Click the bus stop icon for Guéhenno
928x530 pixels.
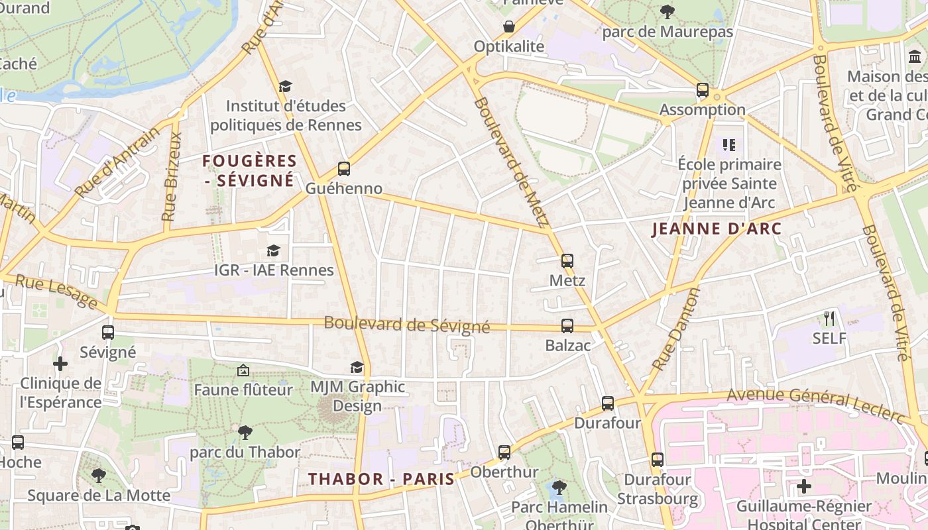343,168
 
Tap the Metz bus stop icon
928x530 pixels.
567,260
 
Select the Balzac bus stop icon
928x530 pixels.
567,325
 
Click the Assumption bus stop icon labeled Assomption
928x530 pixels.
702,90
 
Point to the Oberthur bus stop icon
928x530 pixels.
504,452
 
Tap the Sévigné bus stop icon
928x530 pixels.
107,333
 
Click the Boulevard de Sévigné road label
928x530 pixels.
406,325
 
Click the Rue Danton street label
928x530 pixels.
676,329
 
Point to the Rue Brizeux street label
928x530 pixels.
171,177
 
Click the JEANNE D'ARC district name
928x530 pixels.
717,229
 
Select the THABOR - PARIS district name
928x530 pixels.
381,479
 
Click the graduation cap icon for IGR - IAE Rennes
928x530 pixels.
273,250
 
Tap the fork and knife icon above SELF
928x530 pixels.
829,319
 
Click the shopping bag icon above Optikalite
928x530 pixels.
508,26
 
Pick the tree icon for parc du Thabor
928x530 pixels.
245,433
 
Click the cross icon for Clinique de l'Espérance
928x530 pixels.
60,364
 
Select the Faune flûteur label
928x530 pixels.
243,390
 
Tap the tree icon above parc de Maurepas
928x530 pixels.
667,11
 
